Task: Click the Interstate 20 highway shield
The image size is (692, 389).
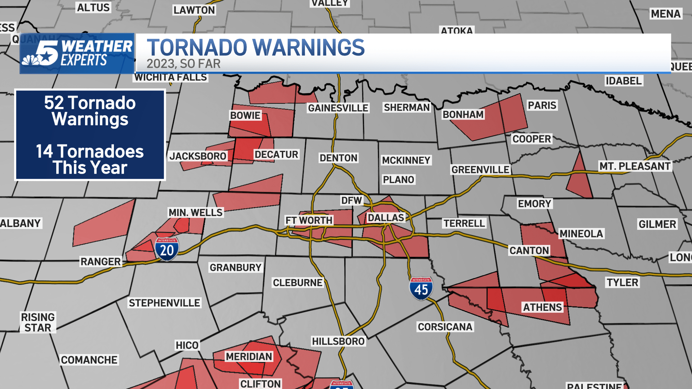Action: tap(167, 249)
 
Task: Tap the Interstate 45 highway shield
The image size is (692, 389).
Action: tap(421, 288)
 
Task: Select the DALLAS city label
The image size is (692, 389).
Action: tap(386, 218)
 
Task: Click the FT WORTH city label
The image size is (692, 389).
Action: tap(309, 220)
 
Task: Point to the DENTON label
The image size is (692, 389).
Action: tap(338, 158)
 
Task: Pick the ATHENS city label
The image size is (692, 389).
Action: tap(542, 307)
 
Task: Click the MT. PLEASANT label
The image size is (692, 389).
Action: tap(635, 166)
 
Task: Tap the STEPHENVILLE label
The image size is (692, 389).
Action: tap(164, 303)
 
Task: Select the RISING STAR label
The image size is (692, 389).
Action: tap(38, 322)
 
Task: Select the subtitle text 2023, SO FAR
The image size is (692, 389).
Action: tap(183, 64)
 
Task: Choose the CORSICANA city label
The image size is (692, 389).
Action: tap(445, 327)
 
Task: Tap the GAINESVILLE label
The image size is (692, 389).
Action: tap(338, 108)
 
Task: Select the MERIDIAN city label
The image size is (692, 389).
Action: tap(249, 356)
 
